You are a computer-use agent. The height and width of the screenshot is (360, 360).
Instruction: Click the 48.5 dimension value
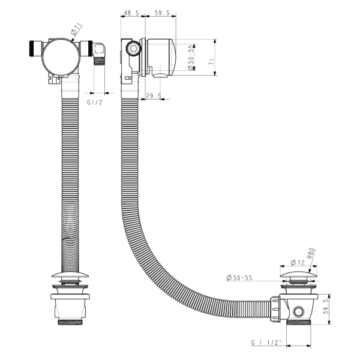(131, 13)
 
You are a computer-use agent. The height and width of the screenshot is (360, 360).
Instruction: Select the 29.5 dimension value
(154, 96)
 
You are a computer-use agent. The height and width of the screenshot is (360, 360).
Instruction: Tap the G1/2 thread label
(94, 103)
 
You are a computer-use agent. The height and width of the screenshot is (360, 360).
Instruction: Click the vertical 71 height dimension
(211, 62)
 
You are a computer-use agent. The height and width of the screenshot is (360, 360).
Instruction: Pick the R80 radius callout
(311, 253)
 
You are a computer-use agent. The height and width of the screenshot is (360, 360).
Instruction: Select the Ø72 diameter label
(298, 262)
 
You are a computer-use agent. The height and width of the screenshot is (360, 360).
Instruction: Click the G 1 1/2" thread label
(266, 343)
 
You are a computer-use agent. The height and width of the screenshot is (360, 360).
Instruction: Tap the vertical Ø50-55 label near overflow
(191, 57)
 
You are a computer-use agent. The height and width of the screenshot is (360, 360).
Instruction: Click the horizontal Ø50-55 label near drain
(239, 278)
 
